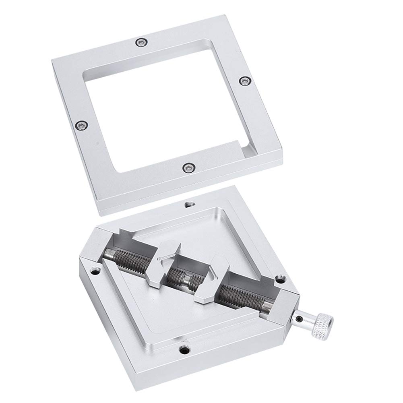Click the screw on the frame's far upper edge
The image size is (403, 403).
[x=140, y=42]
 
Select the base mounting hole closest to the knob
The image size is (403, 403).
[x=280, y=278]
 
